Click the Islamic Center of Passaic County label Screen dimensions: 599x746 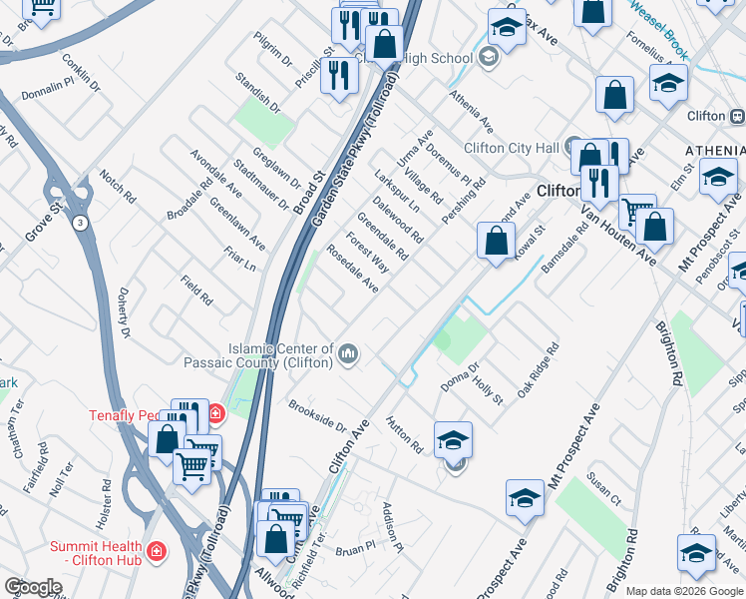click(x=257, y=354)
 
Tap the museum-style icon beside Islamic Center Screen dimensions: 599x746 click(x=349, y=353)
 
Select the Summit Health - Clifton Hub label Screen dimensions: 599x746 click(x=98, y=550)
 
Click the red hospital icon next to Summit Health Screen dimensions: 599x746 click(x=156, y=550)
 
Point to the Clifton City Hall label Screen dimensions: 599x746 click(x=512, y=148)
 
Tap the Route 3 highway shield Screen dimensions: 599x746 click(x=79, y=223)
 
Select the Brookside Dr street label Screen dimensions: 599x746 click(x=316, y=416)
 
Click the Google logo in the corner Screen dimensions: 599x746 click(x=33, y=587)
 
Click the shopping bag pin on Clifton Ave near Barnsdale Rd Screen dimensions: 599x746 click(x=496, y=241)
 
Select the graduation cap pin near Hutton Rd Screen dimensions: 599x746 click(x=453, y=439)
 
